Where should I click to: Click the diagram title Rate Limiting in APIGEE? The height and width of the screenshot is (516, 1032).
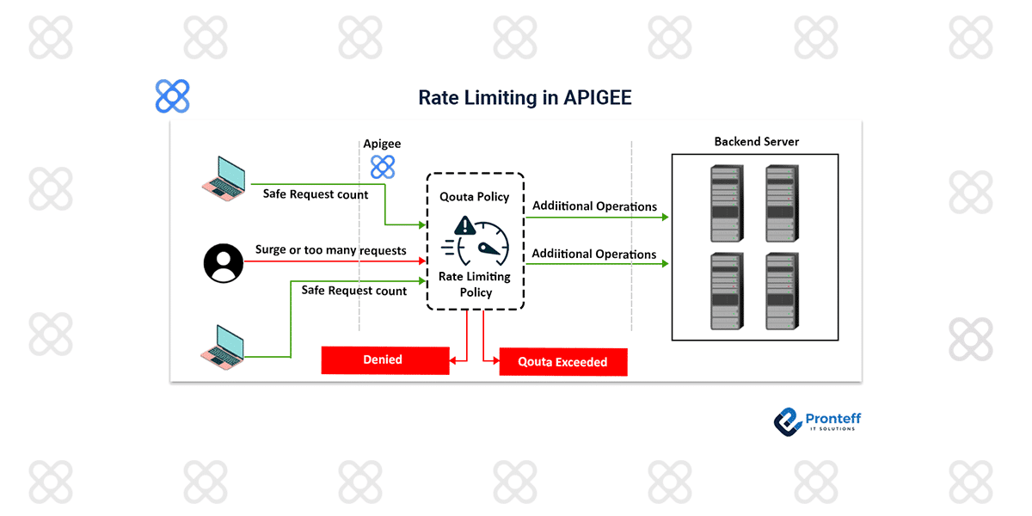click(525, 97)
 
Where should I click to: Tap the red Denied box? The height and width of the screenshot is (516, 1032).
click(384, 359)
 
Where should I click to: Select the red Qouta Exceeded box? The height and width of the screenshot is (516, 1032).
click(562, 362)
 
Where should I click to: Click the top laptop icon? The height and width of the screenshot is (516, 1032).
click(223, 176)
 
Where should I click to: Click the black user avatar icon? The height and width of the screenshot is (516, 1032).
click(224, 262)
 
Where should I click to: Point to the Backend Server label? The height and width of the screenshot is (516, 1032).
click(756, 141)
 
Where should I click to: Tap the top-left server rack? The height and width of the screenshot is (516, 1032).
click(726, 204)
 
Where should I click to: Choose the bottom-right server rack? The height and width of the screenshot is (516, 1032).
click(782, 291)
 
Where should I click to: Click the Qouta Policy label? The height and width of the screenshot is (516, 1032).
click(475, 196)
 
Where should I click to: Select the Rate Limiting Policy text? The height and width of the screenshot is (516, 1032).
click(475, 284)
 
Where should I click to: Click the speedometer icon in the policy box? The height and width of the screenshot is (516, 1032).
click(483, 243)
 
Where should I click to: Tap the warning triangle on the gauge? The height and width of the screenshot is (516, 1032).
click(465, 226)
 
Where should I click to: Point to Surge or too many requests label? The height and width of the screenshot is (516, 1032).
click(330, 250)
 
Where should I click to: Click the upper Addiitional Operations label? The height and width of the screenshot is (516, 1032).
click(594, 206)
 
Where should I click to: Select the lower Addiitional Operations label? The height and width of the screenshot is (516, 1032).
click(594, 254)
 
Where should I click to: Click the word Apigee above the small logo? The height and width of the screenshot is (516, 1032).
click(382, 144)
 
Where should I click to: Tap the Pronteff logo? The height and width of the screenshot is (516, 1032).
click(816, 421)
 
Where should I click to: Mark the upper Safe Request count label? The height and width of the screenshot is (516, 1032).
click(316, 194)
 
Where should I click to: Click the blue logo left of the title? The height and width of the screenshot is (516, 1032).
click(172, 96)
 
